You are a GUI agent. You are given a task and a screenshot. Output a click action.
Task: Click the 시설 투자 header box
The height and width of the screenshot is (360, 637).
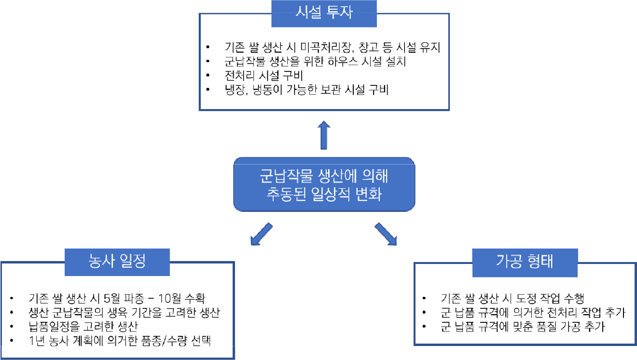(324, 13)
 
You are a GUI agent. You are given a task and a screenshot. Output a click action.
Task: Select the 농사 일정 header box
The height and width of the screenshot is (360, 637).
(117, 261)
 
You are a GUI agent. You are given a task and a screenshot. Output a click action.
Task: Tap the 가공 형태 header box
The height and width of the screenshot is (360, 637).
(525, 261)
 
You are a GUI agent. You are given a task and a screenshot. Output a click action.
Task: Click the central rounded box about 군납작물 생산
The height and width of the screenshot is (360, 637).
(324, 184)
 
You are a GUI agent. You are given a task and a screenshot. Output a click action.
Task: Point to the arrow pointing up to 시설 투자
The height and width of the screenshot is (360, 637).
(324, 136)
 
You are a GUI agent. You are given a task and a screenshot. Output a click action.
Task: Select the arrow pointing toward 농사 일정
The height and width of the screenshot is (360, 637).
(262, 234)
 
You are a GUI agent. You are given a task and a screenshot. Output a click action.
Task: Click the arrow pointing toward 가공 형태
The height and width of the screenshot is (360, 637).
(386, 234)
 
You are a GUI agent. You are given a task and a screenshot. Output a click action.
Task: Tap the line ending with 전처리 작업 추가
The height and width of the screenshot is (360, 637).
(533, 313)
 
